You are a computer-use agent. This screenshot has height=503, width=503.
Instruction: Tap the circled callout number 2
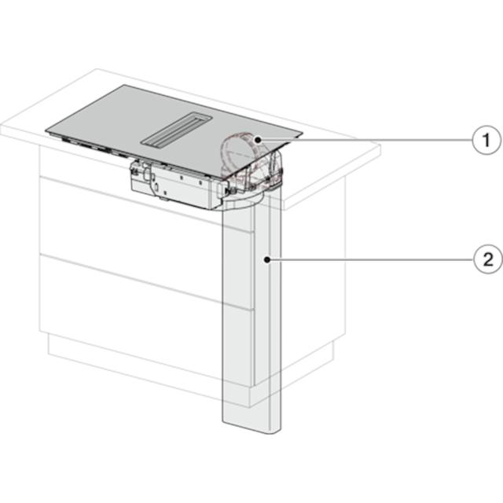point(488,259)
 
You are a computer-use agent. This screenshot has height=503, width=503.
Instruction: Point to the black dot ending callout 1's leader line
point(257,140)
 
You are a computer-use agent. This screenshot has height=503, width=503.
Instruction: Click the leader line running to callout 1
point(366,140)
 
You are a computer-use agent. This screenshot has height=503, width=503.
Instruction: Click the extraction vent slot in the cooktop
point(176,130)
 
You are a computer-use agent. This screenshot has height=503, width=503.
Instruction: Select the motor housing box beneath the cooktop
point(177,186)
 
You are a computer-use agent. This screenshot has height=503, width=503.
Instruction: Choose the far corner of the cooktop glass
point(123,85)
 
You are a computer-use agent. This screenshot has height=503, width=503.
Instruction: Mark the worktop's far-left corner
point(97,69)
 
